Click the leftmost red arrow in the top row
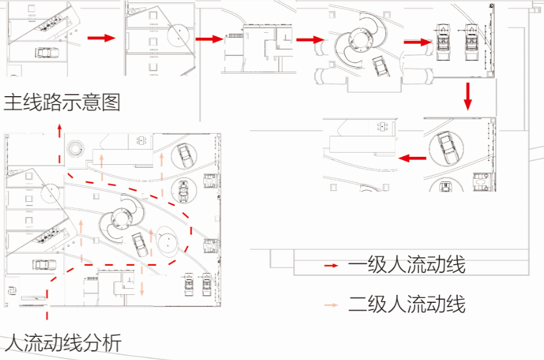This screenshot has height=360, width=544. [101, 38]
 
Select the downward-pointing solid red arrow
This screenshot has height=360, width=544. [468, 97]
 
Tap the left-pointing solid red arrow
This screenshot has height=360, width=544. [413, 159]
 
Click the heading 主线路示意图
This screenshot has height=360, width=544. [61, 102]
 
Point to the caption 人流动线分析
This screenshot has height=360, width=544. [63, 342]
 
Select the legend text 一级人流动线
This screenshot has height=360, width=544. [406, 265]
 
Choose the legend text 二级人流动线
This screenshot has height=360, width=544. [406, 304]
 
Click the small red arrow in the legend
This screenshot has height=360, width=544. [331, 266]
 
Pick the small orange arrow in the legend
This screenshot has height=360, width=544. [331, 305]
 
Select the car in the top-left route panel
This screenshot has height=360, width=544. [46, 52]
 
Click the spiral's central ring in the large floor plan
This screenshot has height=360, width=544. [121, 218]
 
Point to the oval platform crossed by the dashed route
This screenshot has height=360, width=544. [167, 241]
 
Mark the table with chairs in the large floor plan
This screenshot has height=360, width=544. [141, 140]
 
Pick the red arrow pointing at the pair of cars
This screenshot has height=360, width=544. [417, 43]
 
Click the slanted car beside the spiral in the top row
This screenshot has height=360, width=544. [381, 67]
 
